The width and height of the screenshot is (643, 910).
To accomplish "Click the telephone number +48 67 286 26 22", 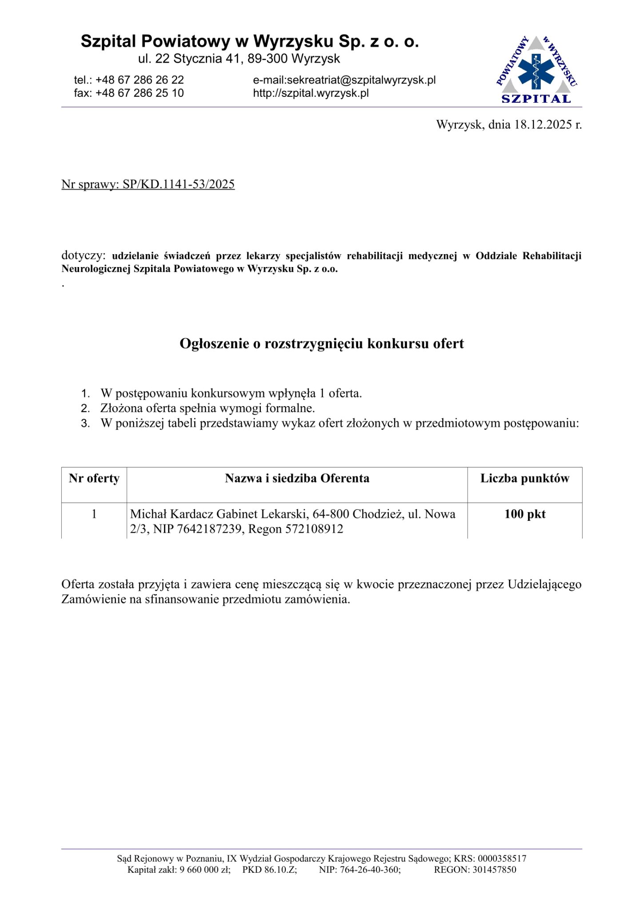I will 140,80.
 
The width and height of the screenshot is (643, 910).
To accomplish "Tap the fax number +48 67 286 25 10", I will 140,93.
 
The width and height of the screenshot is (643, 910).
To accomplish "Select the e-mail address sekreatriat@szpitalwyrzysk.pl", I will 361,80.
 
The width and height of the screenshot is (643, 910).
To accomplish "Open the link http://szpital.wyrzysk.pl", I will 311,93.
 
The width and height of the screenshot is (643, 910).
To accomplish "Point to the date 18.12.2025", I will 543,124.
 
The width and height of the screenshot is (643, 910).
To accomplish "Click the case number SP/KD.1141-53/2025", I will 179,184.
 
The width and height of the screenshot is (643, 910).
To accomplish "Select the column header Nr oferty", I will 94,479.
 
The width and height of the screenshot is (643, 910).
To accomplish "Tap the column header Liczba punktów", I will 525,479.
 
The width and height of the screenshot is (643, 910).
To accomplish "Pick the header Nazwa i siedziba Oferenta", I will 297,479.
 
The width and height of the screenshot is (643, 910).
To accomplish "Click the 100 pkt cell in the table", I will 525,514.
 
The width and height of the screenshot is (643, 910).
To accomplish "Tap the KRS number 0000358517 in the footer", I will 502,859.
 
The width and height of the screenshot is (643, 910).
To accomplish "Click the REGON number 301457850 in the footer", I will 494,870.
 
